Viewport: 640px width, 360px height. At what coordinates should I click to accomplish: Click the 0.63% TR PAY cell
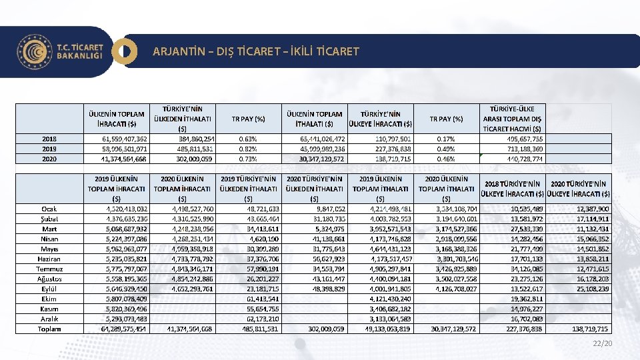click(x=248, y=139)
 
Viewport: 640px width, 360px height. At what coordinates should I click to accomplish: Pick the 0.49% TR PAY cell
click(x=446, y=149)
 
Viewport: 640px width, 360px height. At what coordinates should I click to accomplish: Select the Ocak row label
click(x=49, y=209)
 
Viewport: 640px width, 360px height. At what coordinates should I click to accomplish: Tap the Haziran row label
click(x=49, y=259)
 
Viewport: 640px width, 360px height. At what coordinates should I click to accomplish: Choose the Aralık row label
click(x=49, y=319)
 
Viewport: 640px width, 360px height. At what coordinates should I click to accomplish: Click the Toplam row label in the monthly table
click(x=49, y=329)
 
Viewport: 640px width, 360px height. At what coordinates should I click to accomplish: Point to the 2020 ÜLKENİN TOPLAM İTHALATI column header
click(x=446, y=189)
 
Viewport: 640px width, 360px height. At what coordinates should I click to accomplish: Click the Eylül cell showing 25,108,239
click(x=590, y=289)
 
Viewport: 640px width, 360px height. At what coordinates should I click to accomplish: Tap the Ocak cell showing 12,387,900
click(x=590, y=209)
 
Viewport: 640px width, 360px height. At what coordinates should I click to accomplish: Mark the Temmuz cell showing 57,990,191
click(x=262, y=269)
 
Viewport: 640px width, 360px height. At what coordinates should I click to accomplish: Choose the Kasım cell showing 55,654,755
click(x=262, y=309)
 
